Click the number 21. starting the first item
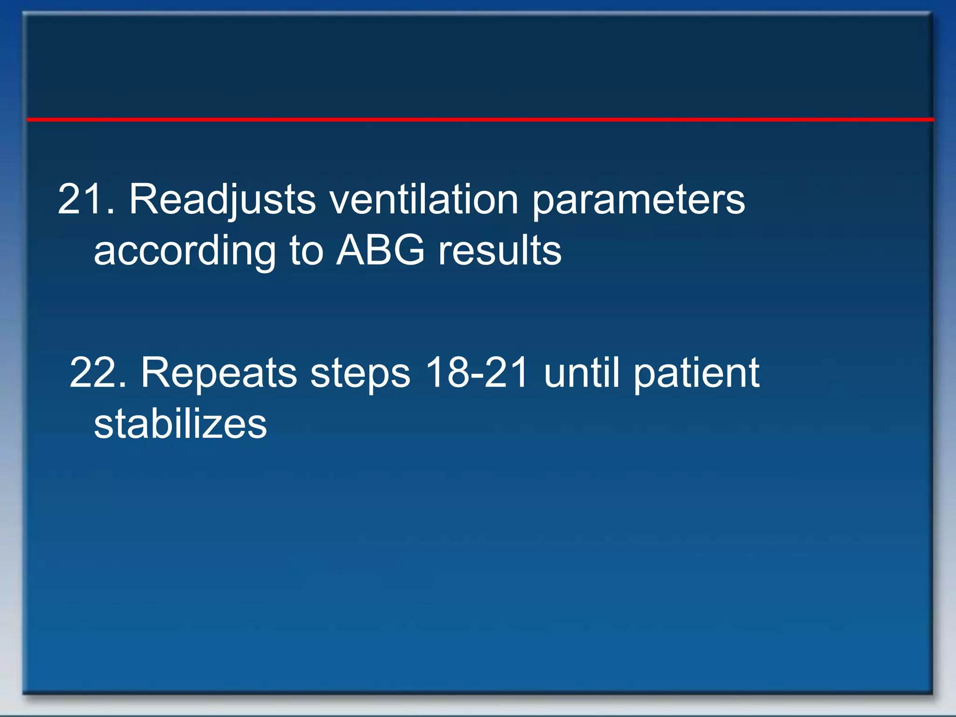[86, 200]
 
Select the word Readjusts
[222, 200]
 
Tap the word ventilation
[424, 200]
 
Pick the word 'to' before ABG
[306, 251]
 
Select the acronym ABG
[380, 250]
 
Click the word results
[499, 251]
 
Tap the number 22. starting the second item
[98, 373]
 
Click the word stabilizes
[180, 424]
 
